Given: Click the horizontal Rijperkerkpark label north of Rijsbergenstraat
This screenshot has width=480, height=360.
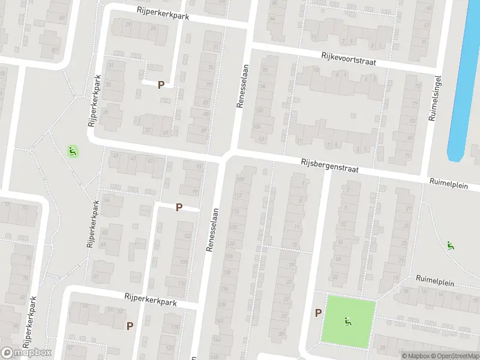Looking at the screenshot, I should [163, 13].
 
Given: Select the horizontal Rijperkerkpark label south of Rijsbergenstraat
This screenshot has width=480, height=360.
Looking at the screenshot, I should [151, 299].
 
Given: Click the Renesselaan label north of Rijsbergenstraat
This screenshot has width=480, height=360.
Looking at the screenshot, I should [242, 88].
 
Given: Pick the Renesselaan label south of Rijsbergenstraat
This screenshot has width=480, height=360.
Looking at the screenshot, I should [211, 231].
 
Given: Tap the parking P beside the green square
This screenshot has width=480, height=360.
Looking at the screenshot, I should [318, 313].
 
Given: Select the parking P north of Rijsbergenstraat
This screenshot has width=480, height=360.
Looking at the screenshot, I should [161, 85].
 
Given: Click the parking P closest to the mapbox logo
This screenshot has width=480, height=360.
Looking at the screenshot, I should [130, 326].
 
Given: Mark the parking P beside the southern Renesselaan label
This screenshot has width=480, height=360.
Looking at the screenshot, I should [179, 208].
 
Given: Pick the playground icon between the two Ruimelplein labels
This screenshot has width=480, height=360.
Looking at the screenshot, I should [450, 245].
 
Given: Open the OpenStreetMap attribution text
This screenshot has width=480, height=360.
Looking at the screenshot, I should [455, 356].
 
